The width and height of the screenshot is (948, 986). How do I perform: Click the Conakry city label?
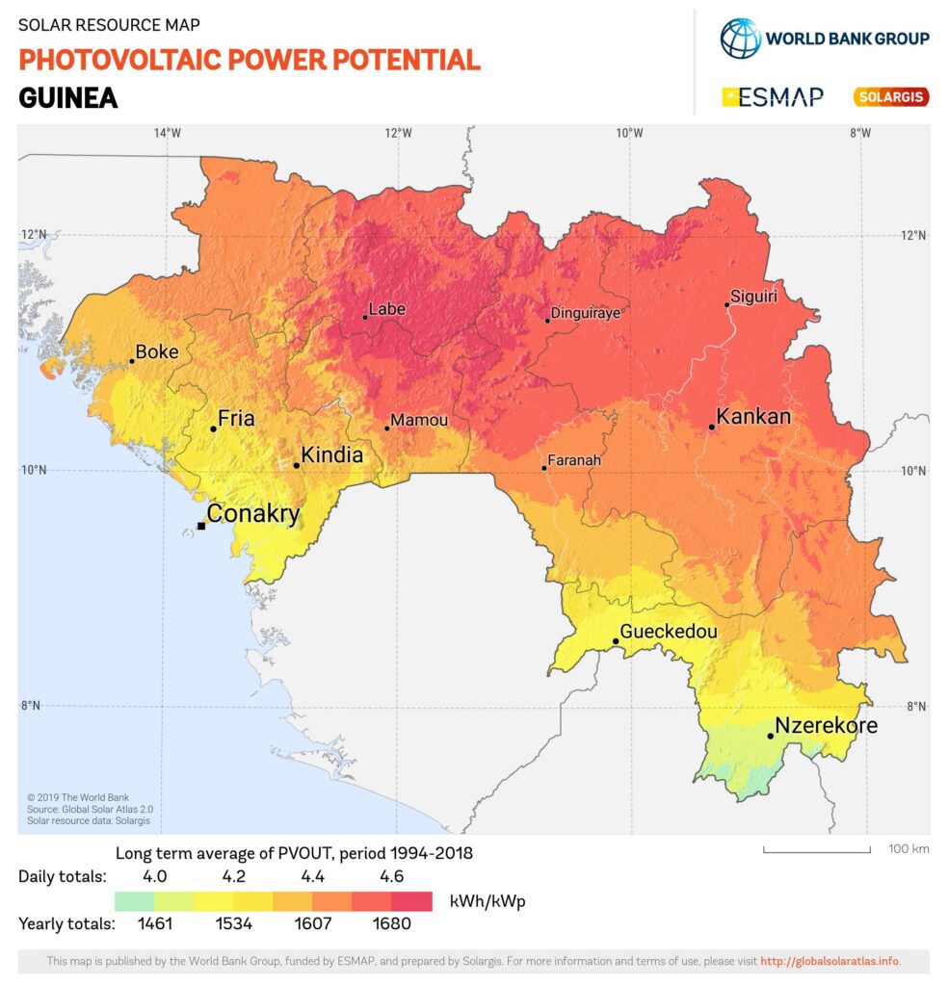pos(253,513)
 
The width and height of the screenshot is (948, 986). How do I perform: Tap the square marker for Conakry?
pos(201,526)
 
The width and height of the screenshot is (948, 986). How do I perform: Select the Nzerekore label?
pos(827,725)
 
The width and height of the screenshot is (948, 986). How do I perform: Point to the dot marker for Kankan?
pos(712,427)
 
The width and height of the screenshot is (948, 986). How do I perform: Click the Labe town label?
pos(387,309)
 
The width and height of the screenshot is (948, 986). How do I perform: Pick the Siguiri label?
pos(753,296)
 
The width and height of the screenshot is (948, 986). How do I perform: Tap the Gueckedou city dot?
pos(616,641)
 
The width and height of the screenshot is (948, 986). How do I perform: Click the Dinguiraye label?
pos(585,313)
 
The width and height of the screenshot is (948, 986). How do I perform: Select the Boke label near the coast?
pos(157,352)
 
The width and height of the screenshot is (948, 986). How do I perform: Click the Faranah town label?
pos(574,460)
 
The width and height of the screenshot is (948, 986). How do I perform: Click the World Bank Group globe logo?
pos(740,38)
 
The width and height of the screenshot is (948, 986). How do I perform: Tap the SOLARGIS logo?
pos(890,96)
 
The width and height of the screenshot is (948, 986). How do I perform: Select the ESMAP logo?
pos(772,96)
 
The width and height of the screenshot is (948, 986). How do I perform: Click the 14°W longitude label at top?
pos(167,133)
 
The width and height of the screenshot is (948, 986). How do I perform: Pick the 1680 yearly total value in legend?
pos(392,923)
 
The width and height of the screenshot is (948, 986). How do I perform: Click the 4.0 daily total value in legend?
pos(154,876)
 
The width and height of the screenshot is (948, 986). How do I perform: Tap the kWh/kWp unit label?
pos(487,901)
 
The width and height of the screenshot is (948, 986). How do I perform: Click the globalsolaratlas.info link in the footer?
pos(829,961)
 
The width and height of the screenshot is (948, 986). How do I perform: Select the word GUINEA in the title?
pos(67,97)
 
